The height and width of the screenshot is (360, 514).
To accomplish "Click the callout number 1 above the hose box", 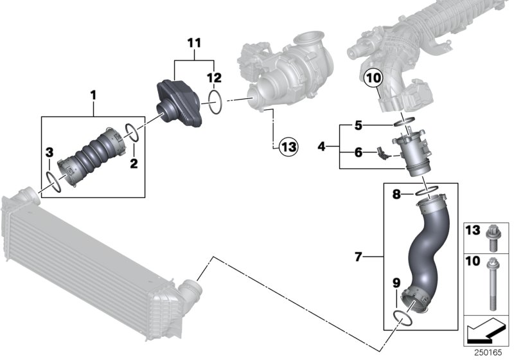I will click(x=93, y=96).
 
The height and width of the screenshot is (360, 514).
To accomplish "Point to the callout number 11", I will click(x=194, y=43).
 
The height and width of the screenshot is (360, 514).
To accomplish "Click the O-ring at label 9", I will click(x=401, y=316).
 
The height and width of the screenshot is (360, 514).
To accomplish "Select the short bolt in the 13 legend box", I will click(x=495, y=236).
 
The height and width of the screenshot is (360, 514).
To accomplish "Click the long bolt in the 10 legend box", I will click(x=495, y=283).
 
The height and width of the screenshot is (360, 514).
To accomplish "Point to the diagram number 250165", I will click(x=488, y=352).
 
